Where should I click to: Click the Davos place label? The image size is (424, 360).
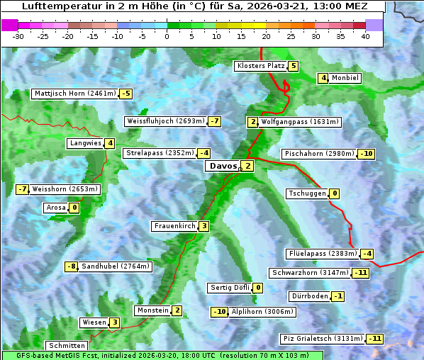223,167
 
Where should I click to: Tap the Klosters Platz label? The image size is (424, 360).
260,66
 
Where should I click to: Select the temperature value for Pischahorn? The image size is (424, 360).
367,154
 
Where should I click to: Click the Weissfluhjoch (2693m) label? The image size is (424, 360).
165,121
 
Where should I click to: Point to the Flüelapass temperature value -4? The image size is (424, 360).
367,254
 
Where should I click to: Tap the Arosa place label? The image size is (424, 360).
56,208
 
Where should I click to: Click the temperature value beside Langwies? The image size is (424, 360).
110,143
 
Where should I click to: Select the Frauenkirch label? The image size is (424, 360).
174,226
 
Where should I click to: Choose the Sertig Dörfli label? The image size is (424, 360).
230,288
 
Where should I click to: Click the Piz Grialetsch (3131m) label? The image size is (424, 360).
323,338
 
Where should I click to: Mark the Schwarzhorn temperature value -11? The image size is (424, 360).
362,273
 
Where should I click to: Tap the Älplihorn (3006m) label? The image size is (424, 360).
262,311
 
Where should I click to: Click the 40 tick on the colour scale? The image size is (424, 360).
365,36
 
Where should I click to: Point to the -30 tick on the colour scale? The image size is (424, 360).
18,36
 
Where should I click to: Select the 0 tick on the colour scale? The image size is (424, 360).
167,36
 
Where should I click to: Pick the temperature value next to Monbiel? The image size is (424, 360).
323,78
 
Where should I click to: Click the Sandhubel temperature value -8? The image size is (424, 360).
71,266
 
